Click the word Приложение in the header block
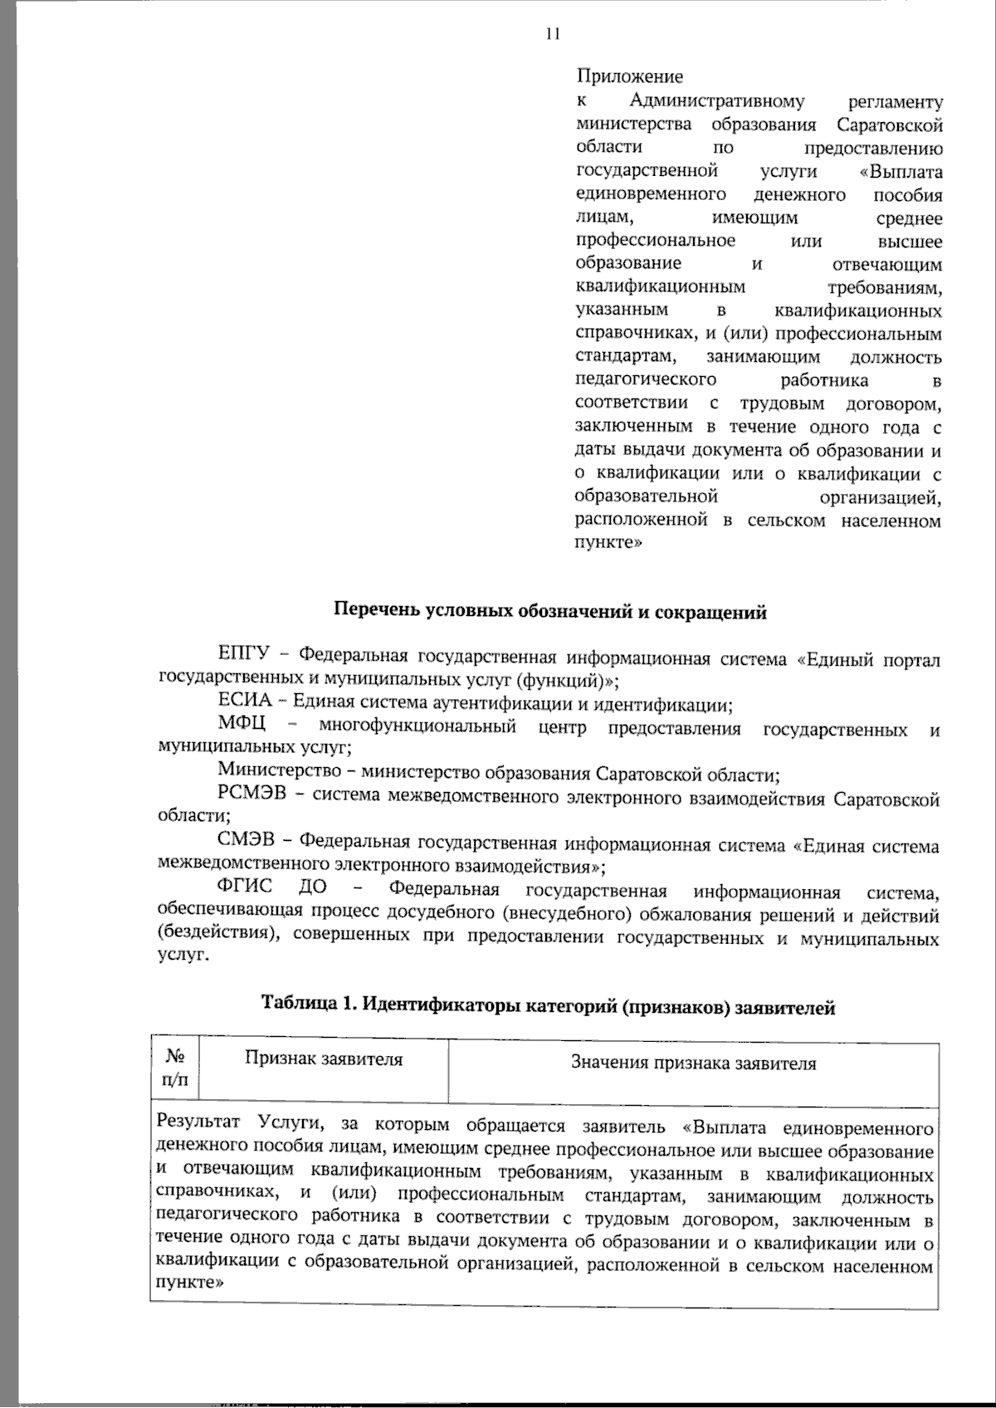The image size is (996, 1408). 630,77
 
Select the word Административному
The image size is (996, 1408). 716,101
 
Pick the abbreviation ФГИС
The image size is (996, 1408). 245,892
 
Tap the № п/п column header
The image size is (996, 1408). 174,1068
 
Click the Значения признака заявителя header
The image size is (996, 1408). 693,1063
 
